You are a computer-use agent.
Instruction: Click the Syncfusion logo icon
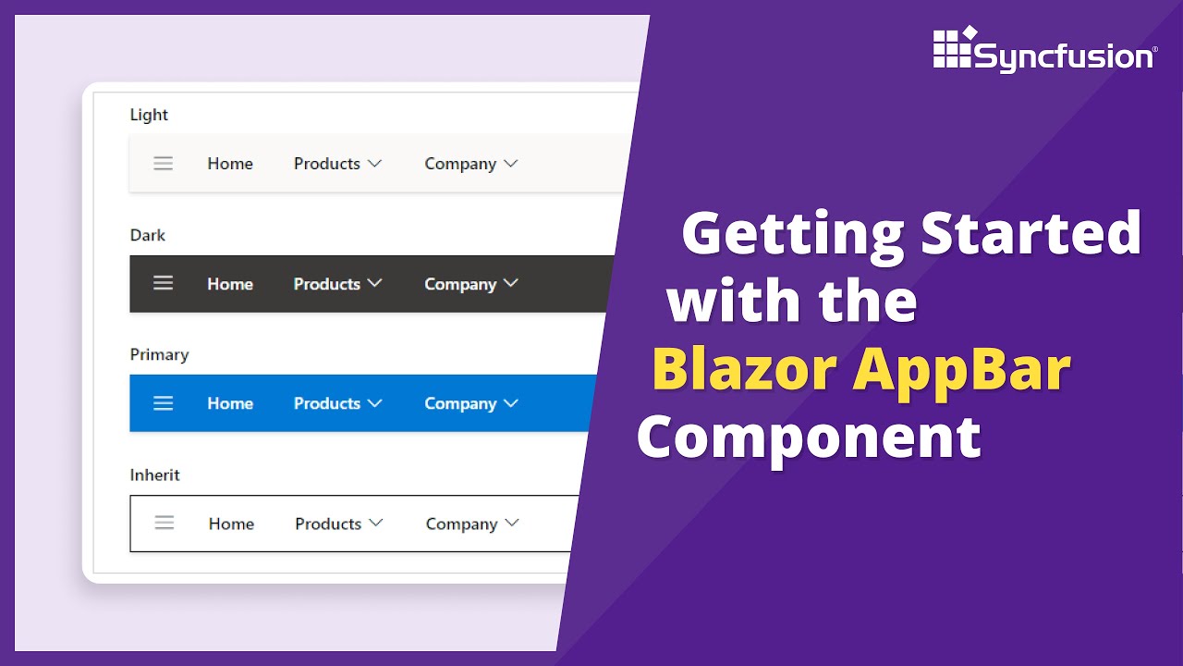[x=955, y=48]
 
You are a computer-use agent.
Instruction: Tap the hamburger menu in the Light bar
[x=164, y=164]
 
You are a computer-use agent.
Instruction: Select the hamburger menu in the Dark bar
[x=164, y=283]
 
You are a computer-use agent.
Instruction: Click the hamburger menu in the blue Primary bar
[x=164, y=403]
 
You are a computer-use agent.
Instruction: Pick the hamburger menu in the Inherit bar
[x=165, y=524]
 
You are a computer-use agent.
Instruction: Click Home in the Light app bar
[x=230, y=164]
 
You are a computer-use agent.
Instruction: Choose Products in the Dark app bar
[x=326, y=284]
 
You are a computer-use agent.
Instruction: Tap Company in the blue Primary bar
[x=460, y=404]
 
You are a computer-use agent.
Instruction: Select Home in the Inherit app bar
[x=231, y=524]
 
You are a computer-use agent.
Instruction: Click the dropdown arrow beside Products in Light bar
[x=374, y=164]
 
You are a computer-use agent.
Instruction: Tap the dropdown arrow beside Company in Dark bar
[x=510, y=283]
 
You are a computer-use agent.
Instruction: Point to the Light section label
[x=149, y=115]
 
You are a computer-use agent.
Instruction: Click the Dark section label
[x=148, y=235]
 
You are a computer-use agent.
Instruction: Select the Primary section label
[x=159, y=354]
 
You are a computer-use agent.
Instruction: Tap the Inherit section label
[x=154, y=475]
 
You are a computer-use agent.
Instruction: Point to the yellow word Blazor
[x=744, y=370]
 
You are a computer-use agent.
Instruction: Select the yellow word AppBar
[x=961, y=370]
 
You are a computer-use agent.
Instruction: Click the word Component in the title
[x=809, y=437]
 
